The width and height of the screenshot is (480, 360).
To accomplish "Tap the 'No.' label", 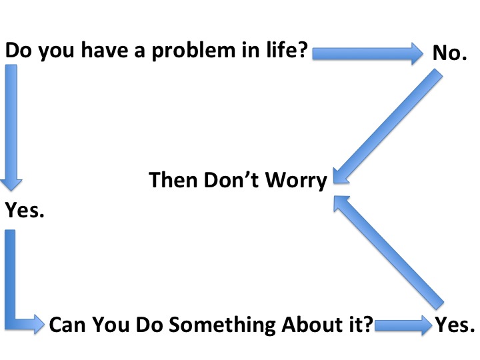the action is pos(450,53).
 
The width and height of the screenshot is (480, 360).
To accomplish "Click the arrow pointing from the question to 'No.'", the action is pos(367,53).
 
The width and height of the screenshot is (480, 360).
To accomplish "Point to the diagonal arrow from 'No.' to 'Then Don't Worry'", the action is pos(387,127).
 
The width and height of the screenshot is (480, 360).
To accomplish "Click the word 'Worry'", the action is pos(296,181).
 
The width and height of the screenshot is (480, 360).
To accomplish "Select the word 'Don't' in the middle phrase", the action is pos(231,179).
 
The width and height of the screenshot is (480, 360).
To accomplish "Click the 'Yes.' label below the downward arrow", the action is pos(25,210).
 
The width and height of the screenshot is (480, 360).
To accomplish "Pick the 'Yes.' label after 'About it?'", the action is pos(455,325).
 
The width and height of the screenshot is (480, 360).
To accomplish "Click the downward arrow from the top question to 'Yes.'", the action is pos(11,127).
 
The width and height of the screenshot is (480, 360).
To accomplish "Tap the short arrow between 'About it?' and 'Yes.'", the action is pos(403,325).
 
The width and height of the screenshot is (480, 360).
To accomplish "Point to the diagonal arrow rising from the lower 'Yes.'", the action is pos(389,253).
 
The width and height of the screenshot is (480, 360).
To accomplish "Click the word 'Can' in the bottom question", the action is pos(67,325).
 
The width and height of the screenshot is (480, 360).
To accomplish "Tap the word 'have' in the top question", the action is pos(105,50).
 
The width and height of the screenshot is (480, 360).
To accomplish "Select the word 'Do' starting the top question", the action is pos(19,50).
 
